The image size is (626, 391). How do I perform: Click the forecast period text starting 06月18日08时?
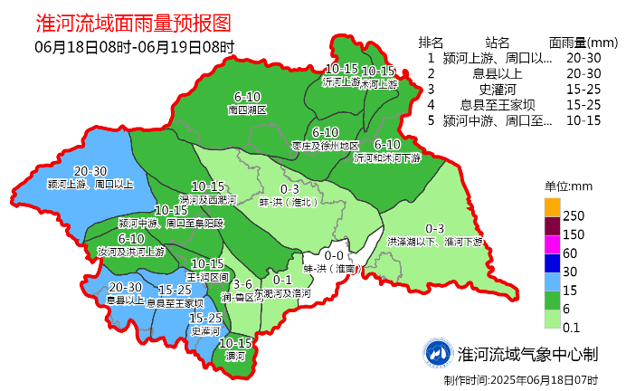[x=135, y=46]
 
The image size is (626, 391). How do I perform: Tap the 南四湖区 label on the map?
[x=247, y=110]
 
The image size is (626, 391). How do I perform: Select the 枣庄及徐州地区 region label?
[x=326, y=145]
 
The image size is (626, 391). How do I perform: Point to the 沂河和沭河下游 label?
[x=386, y=157]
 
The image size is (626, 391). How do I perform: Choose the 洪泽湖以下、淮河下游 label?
[x=434, y=242]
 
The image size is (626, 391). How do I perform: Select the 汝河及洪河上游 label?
[x=131, y=251]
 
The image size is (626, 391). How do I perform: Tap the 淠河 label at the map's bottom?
[x=235, y=357]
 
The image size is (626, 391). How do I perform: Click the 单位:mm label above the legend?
[x=567, y=186]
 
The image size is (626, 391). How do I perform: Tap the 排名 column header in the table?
[x=432, y=43]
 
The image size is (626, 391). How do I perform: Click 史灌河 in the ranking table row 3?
[x=496, y=89]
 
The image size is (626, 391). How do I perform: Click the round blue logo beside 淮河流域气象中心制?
[x=439, y=353]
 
